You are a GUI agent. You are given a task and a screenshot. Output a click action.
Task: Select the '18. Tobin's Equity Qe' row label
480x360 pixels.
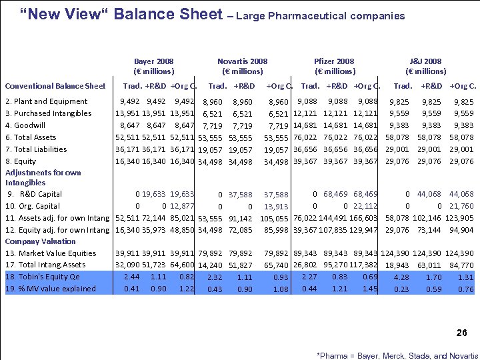coord(43,277)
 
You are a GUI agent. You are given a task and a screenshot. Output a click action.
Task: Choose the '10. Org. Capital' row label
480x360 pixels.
coord(33,206)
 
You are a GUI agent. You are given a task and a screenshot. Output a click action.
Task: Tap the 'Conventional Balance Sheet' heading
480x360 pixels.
coord(55,85)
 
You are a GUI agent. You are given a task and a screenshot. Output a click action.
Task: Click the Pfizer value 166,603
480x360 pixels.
coord(366,218)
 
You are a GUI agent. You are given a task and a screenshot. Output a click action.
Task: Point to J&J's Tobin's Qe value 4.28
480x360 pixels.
coord(401,277)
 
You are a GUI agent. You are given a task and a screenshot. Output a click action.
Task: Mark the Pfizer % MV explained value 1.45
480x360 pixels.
coord(370,289)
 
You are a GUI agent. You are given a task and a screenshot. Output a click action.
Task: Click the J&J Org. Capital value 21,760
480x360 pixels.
coord(461,207)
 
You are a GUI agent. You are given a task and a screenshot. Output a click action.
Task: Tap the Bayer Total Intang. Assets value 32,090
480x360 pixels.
coord(127,265)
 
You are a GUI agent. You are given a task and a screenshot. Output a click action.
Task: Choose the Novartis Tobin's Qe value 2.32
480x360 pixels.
coord(214,277)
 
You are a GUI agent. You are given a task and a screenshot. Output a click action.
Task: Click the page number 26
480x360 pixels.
coord(461,333)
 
